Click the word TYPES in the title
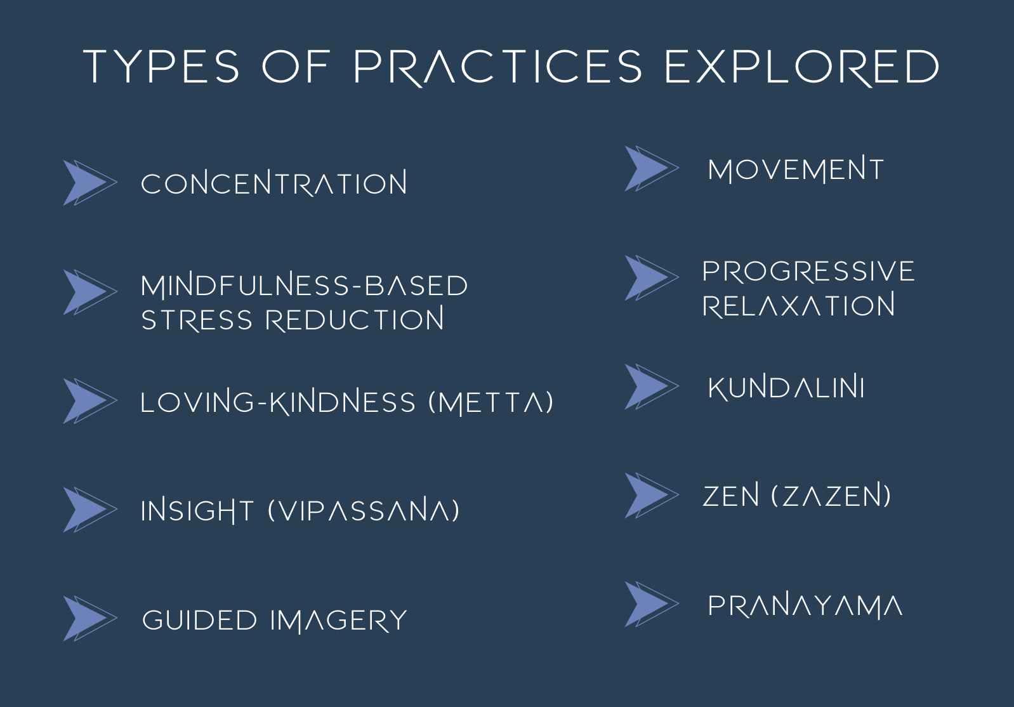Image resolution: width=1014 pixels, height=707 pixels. pyautogui.click(x=161, y=67)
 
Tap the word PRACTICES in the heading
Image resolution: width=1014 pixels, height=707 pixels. pyautogui.click(x=497, y=67)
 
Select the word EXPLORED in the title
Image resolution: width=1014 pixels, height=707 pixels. pyautogui.click(x=802, y=67)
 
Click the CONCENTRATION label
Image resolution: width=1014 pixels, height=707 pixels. pyautogui.click(x=274, y=183)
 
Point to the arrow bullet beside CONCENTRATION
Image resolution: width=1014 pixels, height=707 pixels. pyautogui.click(x=90, y=183)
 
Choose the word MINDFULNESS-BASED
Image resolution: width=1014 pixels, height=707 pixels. pyautogui.click(x=304, y=286)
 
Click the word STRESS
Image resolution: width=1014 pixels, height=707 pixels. pyautogui.click(x=197, y=320)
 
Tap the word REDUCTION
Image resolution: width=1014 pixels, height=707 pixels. pyautogui.click(x=355, y=319)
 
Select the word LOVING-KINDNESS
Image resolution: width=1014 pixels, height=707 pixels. pyautogui.click(x=278, y=402)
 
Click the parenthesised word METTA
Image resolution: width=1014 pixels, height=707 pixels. pyautogui.click(x=491, y=402)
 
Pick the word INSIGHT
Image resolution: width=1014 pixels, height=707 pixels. pyautogui.click(x=197, y=510)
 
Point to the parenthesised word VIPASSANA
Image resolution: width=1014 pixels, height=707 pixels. pyautogui.click(x=364, y=510)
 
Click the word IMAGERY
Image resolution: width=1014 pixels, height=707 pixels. pyautogui.click(x=339, y=620)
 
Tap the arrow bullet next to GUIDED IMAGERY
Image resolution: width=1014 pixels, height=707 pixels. pyautogui.click(x=90, y=618)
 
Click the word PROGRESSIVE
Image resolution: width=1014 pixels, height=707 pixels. pyautogui.click(x=808, y=271)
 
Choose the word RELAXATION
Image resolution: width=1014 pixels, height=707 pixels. pyautogui.click(x=799, y=305)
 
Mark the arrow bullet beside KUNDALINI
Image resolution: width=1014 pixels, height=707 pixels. pyautogui.click(x=652, y=387)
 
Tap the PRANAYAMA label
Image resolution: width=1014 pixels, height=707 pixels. pyautogui.click(x=805, y=606)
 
